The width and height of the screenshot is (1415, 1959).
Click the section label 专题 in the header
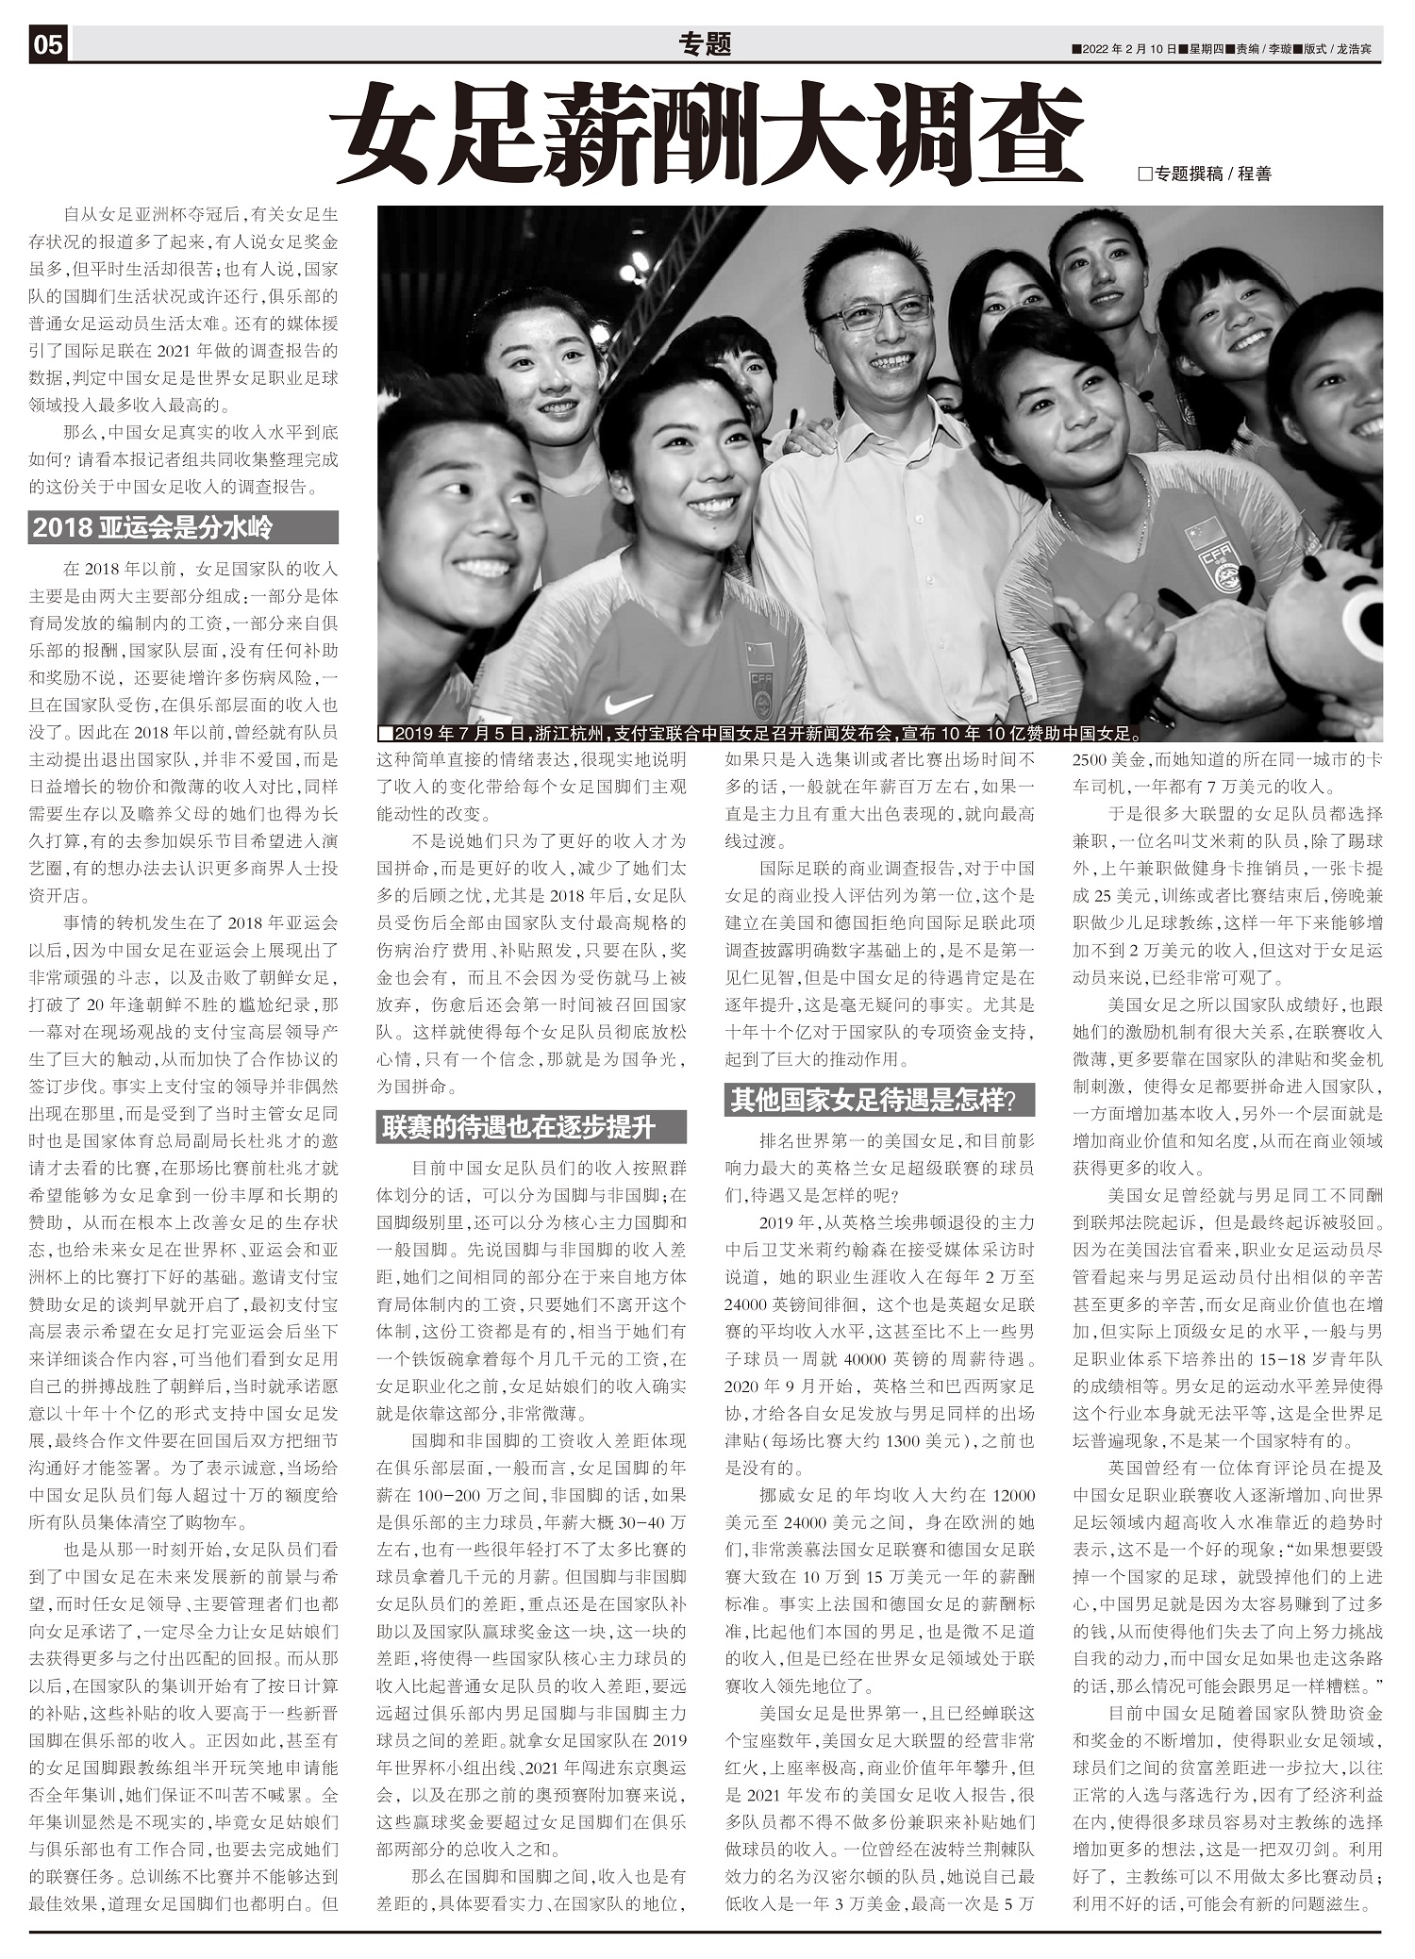click(x=705, y=43)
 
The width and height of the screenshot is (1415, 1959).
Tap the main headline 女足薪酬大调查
click(x=708, y=133)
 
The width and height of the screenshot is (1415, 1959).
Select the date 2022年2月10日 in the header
click(x=1128, y=49)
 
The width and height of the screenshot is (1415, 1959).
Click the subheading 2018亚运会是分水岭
click(x=183, y=528)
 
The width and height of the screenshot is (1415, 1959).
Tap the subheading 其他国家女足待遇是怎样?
click(x=879, y=1100)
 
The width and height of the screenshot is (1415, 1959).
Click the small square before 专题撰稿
click(x=1146, y=174)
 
